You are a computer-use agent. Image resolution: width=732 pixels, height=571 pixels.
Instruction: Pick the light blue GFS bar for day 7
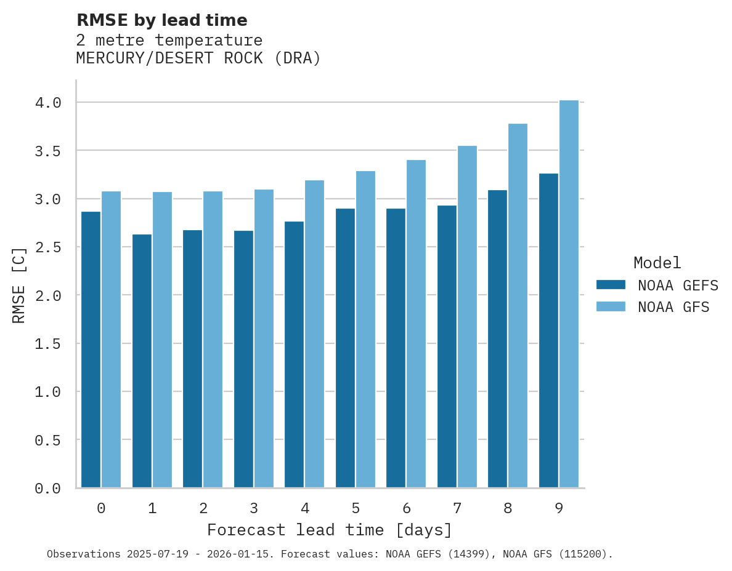click(x=467, y=317)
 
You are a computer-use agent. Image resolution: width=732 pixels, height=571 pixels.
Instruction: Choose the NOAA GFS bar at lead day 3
click(x=264, y=338)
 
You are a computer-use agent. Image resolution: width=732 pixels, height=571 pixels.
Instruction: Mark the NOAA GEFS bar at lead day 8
click(x=497, y=339)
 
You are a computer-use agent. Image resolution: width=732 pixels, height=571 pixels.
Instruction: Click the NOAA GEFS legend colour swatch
click(x=611, y=285)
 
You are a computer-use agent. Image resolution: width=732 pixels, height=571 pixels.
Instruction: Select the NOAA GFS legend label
click(x=673, y=307)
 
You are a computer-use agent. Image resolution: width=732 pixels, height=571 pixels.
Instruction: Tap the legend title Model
click(x=657, y=263)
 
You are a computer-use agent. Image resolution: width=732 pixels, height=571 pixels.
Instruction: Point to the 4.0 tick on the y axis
click(x=48, y=103)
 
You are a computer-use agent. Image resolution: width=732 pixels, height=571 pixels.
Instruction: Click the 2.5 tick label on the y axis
click(x=48, y=247)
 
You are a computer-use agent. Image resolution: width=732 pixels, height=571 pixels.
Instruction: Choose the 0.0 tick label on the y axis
click(x=48, y=489)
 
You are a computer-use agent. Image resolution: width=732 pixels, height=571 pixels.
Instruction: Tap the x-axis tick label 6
click(x=406, y=508)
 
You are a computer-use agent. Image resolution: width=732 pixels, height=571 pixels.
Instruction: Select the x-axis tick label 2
click(x=203, y=508)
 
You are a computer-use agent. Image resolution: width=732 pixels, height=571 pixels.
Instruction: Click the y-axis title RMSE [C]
click(x=19, y=285)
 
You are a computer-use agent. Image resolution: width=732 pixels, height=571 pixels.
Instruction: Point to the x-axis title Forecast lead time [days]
click(x=330, y=530)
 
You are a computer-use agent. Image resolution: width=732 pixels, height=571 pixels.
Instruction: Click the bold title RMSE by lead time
click(x=161, y=20)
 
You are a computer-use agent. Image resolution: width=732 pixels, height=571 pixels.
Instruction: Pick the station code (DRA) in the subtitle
click(x=298, y=58)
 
